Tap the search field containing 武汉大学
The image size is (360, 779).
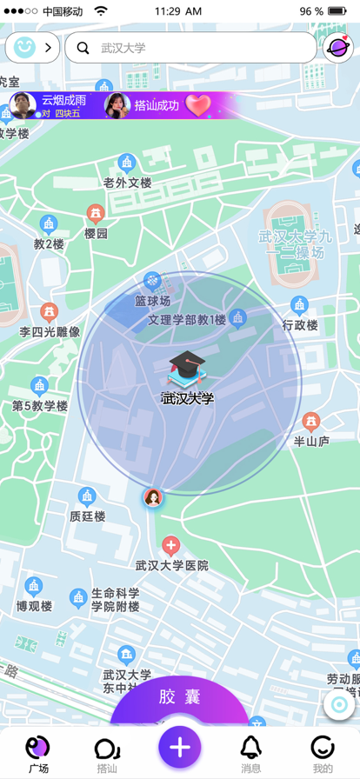tap(191, 48)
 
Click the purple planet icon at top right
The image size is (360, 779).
tap(337, 48)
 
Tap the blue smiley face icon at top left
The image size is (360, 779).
tap(24, 48)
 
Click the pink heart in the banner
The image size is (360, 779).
tap(198, 106)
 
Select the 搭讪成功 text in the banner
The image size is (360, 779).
tap(157, 106)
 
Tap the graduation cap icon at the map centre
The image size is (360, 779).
tap(187, 370)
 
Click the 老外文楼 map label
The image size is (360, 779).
tap(127, 183)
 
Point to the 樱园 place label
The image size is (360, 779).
tap(96, 233)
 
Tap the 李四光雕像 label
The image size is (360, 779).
tap(50, 331)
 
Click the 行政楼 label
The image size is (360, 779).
tap(300, 325)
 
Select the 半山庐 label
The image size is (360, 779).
tap(311, 441)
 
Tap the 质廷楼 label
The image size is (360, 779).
tap(87, 516)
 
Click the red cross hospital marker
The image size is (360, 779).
tap(171, 546)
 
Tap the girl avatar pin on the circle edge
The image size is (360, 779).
tap(153, 498)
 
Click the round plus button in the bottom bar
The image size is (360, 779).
tap(180, 747)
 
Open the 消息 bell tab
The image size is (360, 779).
tap(250, 752)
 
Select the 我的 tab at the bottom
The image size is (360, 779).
tap(323, 752)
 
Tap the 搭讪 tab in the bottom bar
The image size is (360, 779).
tap(107, 752)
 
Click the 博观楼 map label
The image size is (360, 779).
tap(34, 605)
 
